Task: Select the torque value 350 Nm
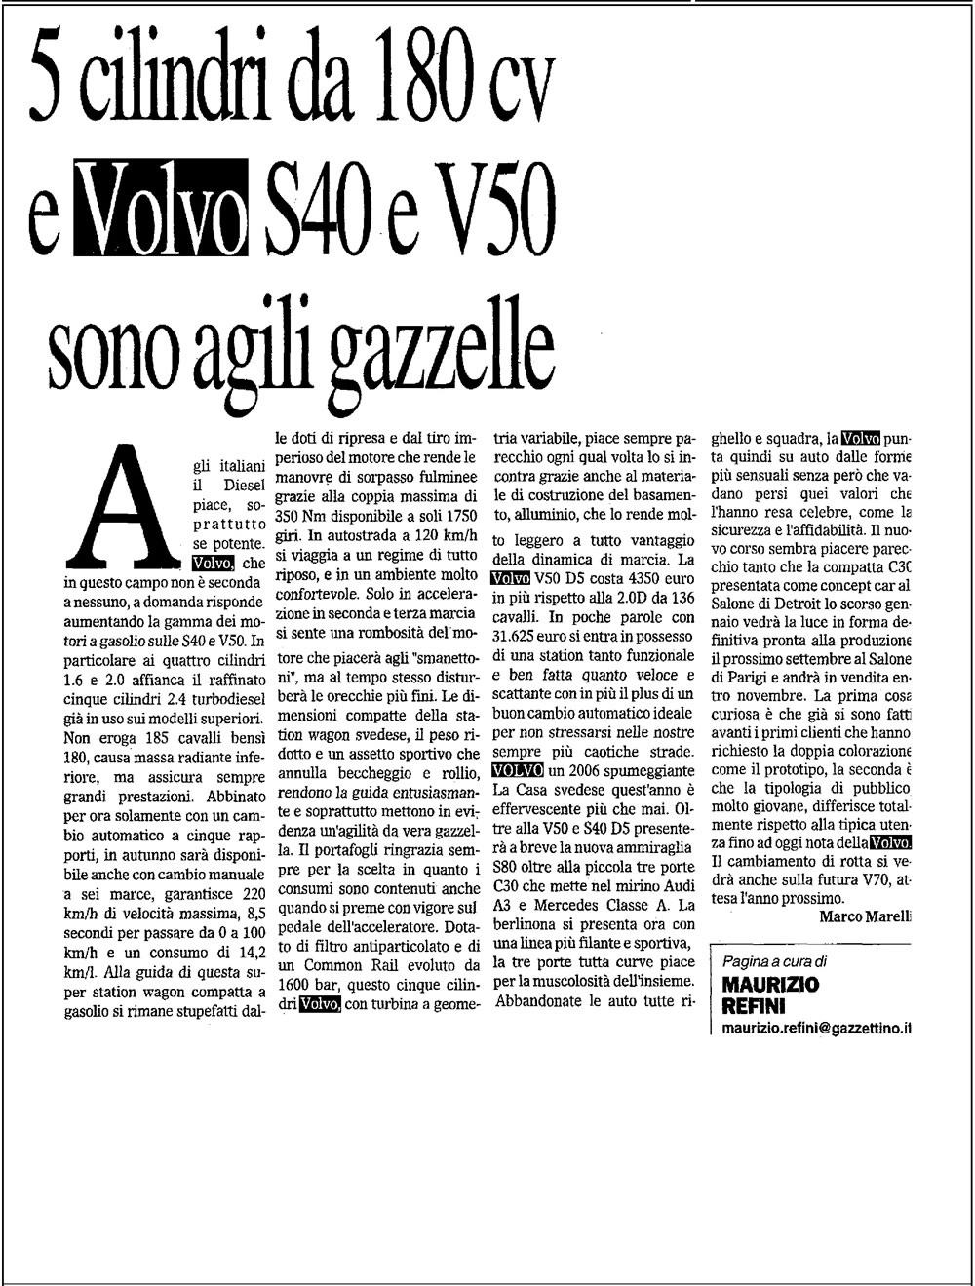click(295, 514)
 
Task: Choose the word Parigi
click(740, 678)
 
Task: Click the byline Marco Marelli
click(865, 916)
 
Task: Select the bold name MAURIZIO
click(771, 985)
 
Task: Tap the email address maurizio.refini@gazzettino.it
click(817, 1028)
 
